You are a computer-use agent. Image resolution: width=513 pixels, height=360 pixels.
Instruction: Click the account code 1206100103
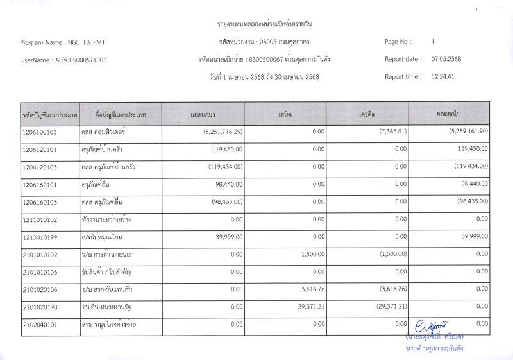click(x=40, y=132)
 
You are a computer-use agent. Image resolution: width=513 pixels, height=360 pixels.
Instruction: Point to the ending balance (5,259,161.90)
click(x=460, y=132)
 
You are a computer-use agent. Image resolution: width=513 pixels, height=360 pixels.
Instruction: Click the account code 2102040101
click(x=40, y=325)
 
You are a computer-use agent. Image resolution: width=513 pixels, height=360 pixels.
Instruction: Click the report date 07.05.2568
click(x=446, y=59)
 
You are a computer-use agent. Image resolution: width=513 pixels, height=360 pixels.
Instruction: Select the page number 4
click(x=433, y=42)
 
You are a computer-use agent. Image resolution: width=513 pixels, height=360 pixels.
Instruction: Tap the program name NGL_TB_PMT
click(x=87, y=42)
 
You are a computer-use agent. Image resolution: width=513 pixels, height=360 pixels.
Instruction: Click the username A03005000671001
click(x=81, y=60)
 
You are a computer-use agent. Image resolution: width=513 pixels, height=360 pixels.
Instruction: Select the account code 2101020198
click(x=40, y=307)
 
